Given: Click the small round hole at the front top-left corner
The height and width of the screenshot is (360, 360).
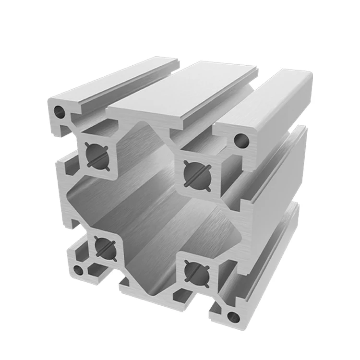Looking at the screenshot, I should point(60,113).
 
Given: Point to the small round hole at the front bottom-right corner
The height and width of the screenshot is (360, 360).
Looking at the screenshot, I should point(234,315).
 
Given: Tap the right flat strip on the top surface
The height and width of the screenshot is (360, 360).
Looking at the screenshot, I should point(269,103).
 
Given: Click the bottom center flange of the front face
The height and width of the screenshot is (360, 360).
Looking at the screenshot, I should point(144,288).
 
